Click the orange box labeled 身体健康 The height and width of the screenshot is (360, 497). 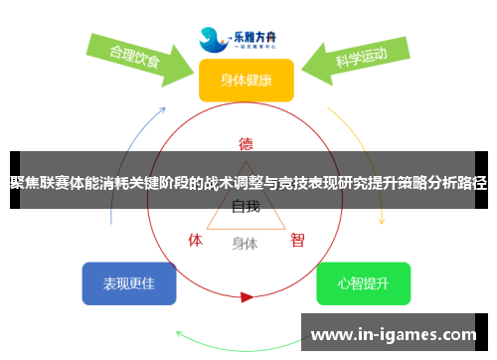pos(246,81)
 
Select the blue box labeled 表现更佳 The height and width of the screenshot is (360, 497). pos(129,283)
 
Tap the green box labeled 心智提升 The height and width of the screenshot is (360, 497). pos(363,283)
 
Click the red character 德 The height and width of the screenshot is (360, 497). pos(246,142)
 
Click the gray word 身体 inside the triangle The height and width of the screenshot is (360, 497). pos(245,242)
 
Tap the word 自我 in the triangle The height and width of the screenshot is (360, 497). pos(246,207)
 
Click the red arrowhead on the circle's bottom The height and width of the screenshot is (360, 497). pos(247,296)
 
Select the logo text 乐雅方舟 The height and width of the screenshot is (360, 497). pos(261,33)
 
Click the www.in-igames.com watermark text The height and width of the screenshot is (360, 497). pos(395,334)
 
